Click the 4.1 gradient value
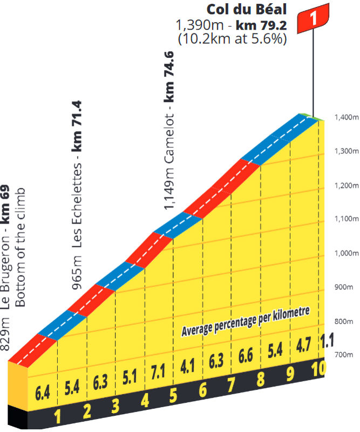[187, 367]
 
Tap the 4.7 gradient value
[304, 346]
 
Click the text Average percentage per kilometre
[246, 322]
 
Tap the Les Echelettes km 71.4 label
[77, 194]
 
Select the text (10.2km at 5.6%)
[232, 39]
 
